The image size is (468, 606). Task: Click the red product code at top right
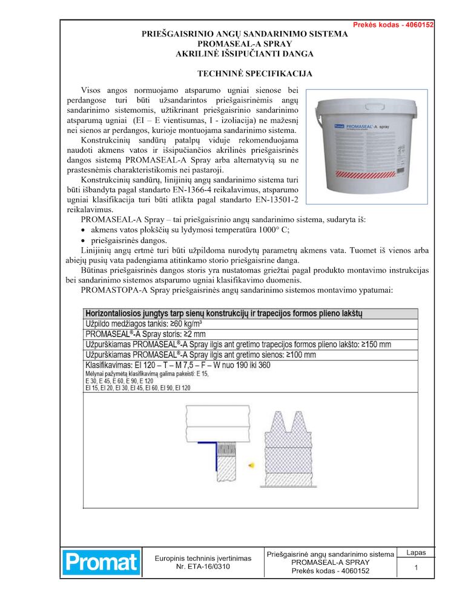pyautogui.click(x=393, y=25)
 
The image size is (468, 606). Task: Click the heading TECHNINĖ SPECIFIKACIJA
pyautogui.click(x=245, y=74)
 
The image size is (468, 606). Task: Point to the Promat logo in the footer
pyautogui.click(x=101, y=562)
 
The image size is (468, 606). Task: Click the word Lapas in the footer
pyautogui.click(x=416, y=553)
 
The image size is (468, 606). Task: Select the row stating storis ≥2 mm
pyautogui.click(x=145, y=334)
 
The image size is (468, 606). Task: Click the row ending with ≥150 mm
pyautogui.click(x=238, y=344)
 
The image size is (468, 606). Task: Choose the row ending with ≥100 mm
pyautogui.click(x=200, y=355)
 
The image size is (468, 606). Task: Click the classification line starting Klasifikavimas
pyautogui.click(x=177, y=365)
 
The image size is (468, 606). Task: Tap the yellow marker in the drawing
pyautogui.click(x=249, y=465)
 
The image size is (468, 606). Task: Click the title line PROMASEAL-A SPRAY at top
pyautogui.click(x=245, y=44)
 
